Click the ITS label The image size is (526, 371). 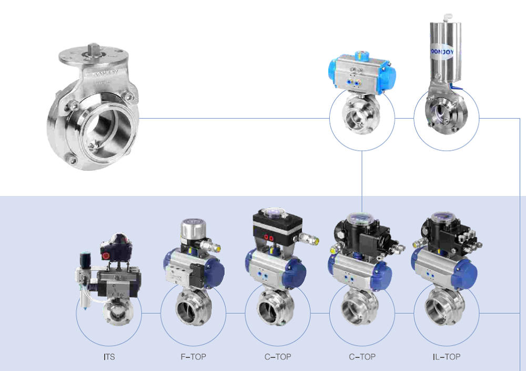click(x=109, y=357)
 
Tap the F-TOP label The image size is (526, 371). click(x=193, y=357)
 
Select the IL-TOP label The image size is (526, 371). click(x=446, y=357)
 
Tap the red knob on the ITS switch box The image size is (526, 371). click(x=106, y=255)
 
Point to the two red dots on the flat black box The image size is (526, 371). click(x=269, y=236)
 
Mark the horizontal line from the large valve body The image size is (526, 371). click(x=231, y=118)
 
